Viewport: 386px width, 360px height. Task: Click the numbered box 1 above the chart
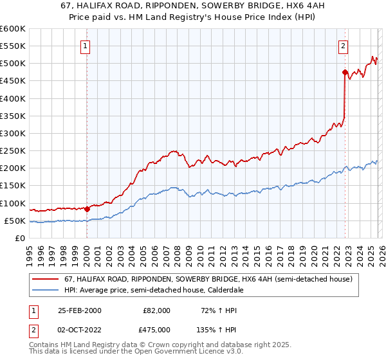pyautogui.click(x=86, y=46)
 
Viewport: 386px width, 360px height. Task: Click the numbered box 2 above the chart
pyautogui.click(x=344, y=46)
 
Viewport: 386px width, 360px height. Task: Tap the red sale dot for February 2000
pyautogui.click(x=87, y=209)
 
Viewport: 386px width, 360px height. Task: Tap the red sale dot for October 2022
pyautogui.click(x=345, y=72)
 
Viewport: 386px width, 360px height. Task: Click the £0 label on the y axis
pyautogui.click(x=19, y=238)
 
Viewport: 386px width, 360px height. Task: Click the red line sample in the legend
pyautogui.click(x=46, y=280)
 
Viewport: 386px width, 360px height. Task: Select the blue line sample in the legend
pyautogui.click(x=46, y=291)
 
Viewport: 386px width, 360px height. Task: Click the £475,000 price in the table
pyautogui.click(x=157, y=330)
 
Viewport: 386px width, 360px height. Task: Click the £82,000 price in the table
pyautogui.click(x=157, y=310)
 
